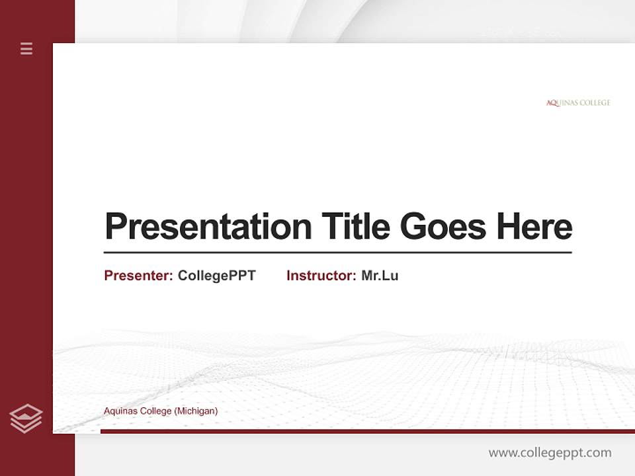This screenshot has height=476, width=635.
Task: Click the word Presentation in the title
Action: click(x=208, y=227)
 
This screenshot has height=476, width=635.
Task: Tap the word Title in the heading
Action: click(x=355, y=227)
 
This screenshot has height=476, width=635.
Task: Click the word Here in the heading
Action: click(x=534, y=227)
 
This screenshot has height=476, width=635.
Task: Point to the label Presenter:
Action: click(x=138, y=276)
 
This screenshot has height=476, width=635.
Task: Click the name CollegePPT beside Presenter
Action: click(x=216, y=276)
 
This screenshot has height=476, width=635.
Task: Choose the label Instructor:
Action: click(x=321, y=276)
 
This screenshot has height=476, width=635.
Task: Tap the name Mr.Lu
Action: click(x=380, y=276)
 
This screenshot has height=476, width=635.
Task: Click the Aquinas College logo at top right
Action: click(x=578, y=103)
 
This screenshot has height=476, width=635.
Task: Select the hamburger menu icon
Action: click(x=26, y=48)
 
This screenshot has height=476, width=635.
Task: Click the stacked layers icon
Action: click(x=26, y=418)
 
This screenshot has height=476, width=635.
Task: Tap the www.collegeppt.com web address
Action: click(x=550, y=453)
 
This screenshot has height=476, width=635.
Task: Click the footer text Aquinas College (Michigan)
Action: click(x=161, y=411)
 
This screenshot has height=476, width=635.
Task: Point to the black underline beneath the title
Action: click(x=337, y=253)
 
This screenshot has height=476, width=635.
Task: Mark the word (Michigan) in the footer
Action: click(x=196, y=411)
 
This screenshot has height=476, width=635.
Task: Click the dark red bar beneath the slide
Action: click(x=367, y=431)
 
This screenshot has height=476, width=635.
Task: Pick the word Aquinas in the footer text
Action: click(x=118, y=411)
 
